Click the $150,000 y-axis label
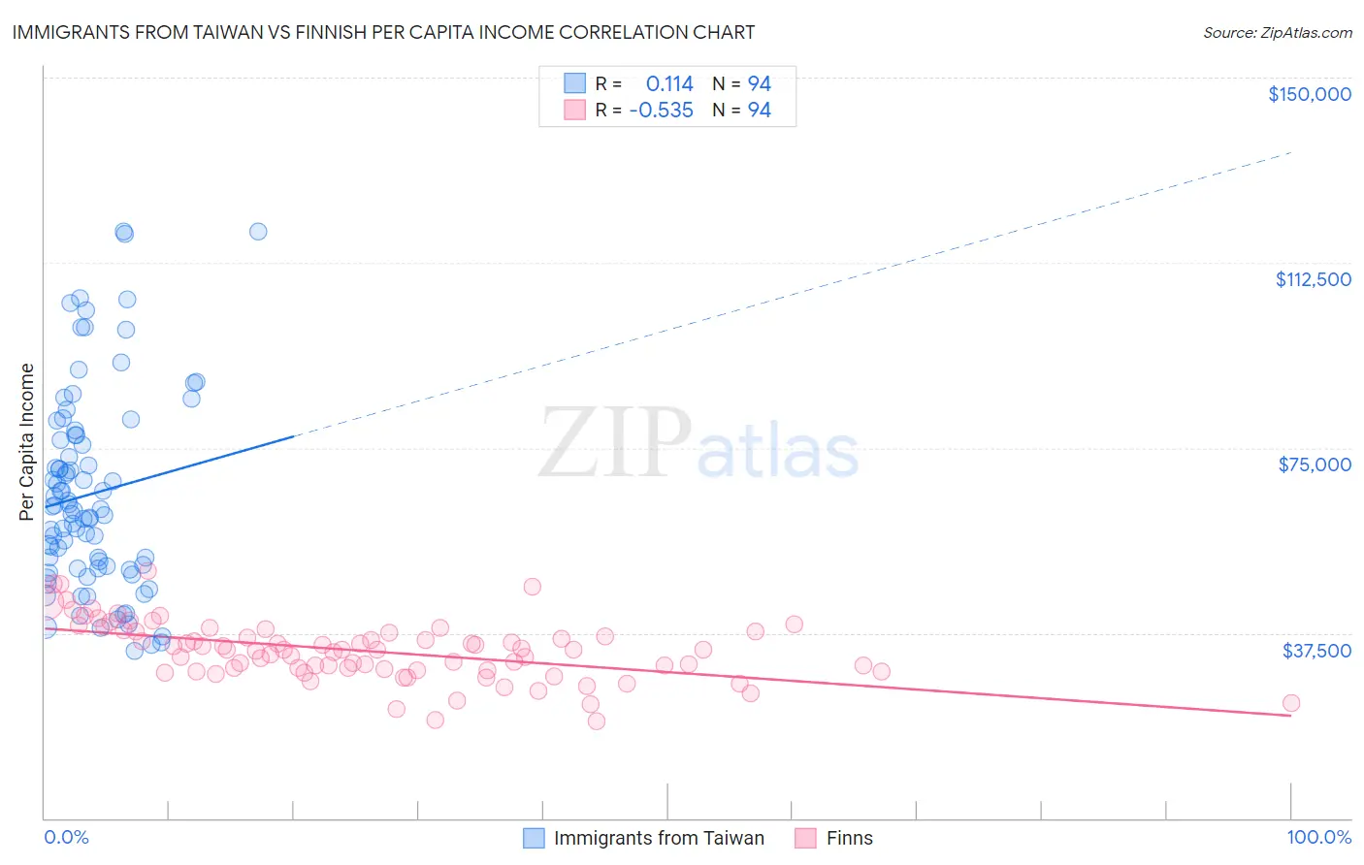[x=1309, y=94]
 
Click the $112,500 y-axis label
[x=1313, y=279]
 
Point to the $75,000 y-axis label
[x=1315, y=465]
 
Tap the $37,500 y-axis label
[x=1316, y=651]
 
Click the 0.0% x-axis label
[x=66, y=838]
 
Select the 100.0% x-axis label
[x=1318, y=838]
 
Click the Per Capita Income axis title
[x=27, y=441]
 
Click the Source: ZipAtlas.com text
[x=1277, y=33]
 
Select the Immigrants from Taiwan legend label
[x=659, y=839]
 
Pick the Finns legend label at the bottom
[x=849, y=839]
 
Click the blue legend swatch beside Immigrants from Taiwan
[x=534, y=839]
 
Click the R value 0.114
[x=669, y=84]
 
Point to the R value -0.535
[x=661, y=111]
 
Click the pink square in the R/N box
[x=575, y=110]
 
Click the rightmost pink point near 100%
[x=1290, y=703]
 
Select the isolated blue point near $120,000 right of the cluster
[x=258, y=231]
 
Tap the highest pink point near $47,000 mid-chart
[x=532, y=587]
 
